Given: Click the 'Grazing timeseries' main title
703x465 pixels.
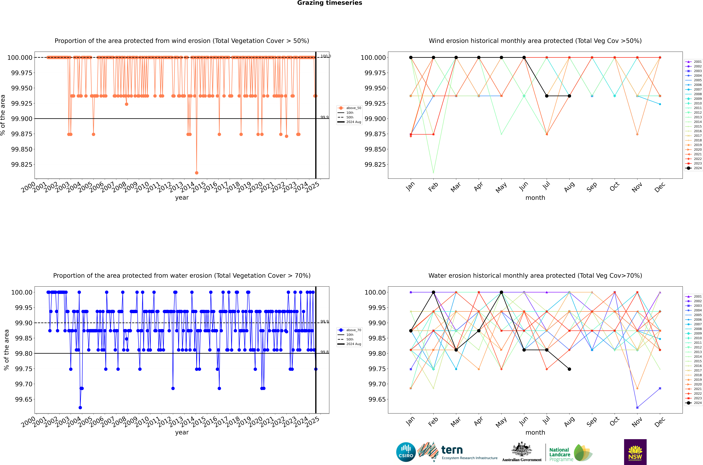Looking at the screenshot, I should coord(329,3).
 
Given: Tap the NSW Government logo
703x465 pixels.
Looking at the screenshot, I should coord(635,452).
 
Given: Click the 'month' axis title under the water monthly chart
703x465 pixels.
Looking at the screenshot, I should coord(535,432).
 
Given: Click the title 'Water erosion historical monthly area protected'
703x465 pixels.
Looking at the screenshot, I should coord(535,275).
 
